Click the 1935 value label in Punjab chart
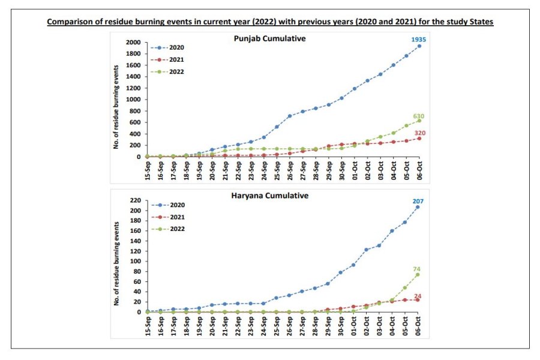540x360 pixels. tap(418, 39)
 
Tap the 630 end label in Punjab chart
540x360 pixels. tap(419, 116)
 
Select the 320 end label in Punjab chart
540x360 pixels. tap(419, 133)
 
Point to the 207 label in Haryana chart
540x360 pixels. tap(419, 200)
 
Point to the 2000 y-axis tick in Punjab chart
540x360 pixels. tap(133, 43)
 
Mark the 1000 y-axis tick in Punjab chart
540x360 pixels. tap(133, 100)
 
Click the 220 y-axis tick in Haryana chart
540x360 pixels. tap(136, 200)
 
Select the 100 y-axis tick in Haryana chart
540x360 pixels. tap(136, 262)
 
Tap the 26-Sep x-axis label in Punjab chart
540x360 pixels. tap(290, 170)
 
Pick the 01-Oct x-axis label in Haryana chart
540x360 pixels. tap(355, 326)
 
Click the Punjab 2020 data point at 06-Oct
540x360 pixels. tap(419, 46)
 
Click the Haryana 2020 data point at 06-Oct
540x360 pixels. tap(419, 207)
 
